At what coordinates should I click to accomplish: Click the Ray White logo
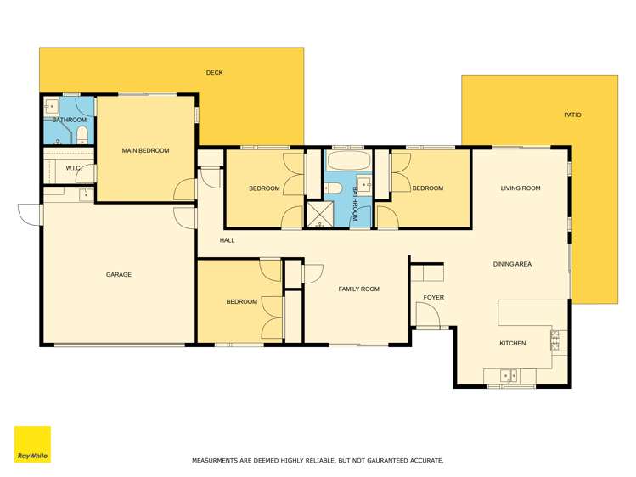(x=32, y=444)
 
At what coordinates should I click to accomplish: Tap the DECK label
(x=215, y=73)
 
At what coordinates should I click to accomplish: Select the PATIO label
(x=573, y=115)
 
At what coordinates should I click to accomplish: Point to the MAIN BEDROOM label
(x=145, y=151)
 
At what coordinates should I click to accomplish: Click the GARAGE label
(x=118, y=275)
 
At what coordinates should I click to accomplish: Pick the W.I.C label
(x=73, y=168)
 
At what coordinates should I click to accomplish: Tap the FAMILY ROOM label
(x=358, y=289)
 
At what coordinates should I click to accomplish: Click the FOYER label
(x=433, y=298)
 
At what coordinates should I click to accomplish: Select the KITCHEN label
(x=512, y=344)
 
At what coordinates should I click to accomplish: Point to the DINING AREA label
(x=512, y=265)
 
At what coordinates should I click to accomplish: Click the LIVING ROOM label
(x=521, y=188)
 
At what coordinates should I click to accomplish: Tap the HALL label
(x=227, y=241)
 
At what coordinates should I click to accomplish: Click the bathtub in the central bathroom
(x=348, y=161)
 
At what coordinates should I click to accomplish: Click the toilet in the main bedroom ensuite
(x=82, y=136)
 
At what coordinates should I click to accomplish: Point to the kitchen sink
(x=508, y=373)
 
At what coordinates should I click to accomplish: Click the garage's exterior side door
(x=29, y=214)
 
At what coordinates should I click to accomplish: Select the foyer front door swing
(x=426, y=316)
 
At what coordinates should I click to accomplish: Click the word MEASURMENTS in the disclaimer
(x=222, y=461)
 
